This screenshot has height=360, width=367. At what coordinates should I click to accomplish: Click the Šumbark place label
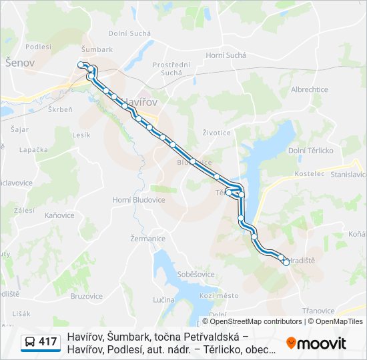click(x=97, y=49)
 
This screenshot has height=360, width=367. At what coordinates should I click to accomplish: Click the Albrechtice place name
click(x=309, y=89)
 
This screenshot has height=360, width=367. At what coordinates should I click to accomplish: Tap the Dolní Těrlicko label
click(x=310, y=151)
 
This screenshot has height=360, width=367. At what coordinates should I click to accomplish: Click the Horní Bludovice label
click(x=138, y=199)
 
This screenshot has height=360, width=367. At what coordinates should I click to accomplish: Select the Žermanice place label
click(x=147, y=238)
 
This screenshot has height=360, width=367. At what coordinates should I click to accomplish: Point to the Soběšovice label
click(x=177, y=274)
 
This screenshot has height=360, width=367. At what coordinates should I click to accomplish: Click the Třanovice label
click(x=318, y=311)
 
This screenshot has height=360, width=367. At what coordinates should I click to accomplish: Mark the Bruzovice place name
click(x=86, y=296)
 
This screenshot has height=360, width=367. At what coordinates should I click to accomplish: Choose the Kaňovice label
click(x=59, y=215)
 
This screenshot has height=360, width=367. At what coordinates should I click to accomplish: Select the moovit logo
click(x=316, y=343)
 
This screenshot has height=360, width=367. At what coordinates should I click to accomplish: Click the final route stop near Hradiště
click(x=286, y=262)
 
